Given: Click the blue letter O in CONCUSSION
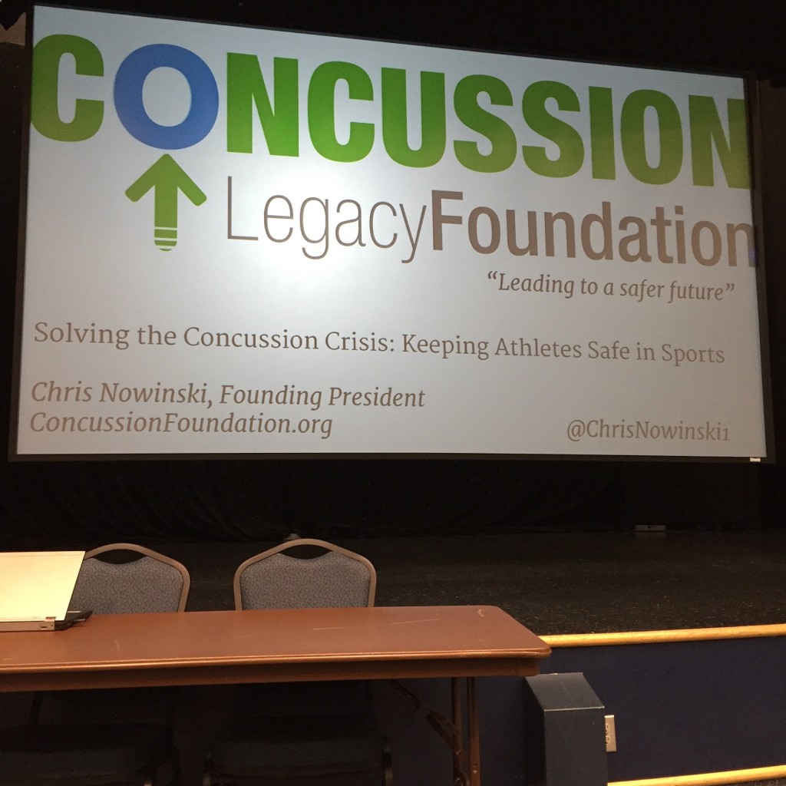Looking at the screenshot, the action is [166, 96].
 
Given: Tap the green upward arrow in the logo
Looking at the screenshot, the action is [166, 200].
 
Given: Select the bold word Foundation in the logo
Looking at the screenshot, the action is [593, 230].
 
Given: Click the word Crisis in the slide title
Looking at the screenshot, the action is [357, 342].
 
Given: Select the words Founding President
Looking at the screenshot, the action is [322, 397].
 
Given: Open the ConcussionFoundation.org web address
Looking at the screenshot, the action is [181, 424].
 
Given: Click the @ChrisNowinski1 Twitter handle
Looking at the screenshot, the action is [648, 431].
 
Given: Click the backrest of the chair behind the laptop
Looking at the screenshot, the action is [131, 578].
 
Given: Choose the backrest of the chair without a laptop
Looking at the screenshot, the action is [305, 574].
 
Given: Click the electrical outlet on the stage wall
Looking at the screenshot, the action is [610, 733].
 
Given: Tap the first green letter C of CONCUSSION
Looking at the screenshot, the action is [68, 88].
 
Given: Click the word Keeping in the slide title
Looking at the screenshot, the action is [445, 346].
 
